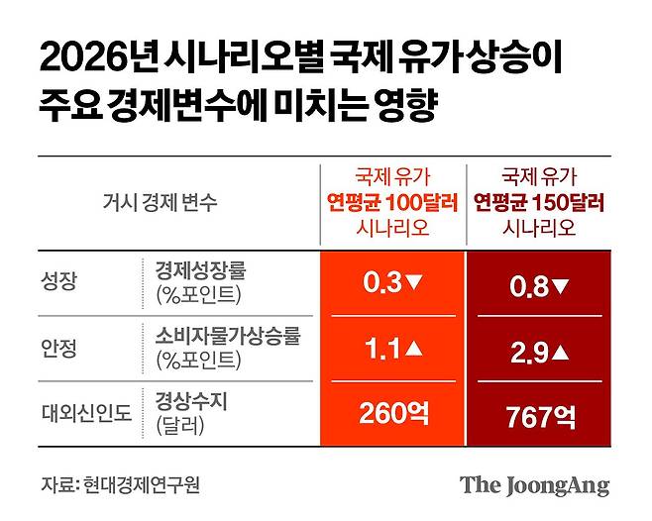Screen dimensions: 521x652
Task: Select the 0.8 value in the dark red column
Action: coord(526,287)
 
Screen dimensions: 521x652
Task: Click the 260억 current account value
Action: coord(393,412)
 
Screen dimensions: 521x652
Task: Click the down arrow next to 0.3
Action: coord(415,282)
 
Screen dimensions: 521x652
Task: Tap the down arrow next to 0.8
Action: coord(559,287)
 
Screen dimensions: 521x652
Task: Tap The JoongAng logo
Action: coord(534,485)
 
